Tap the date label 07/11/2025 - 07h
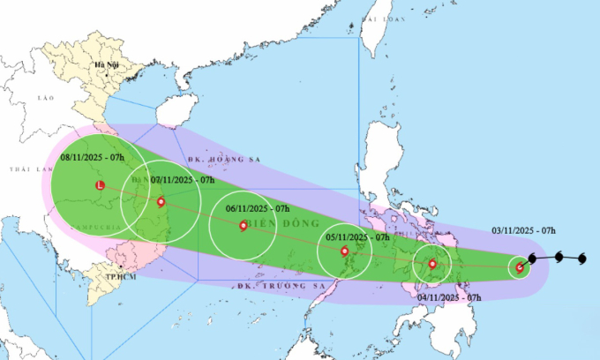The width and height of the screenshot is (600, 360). point(184,180)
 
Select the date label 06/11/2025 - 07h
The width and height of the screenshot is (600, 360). point(258,208)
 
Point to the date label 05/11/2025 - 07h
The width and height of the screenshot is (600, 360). point(356,236)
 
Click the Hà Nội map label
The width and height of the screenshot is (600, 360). point(106,65)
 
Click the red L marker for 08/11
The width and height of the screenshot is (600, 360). point(100,186)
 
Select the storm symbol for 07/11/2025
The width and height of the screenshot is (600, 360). point(161,201)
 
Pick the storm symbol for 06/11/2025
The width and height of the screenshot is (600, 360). point(244,225)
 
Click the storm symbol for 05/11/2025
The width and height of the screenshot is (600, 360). point(345,251)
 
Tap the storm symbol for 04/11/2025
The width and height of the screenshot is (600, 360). point(432,264)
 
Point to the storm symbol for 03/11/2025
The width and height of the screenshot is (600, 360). point(520,267)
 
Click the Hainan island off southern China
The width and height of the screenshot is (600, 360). point(171,111)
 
